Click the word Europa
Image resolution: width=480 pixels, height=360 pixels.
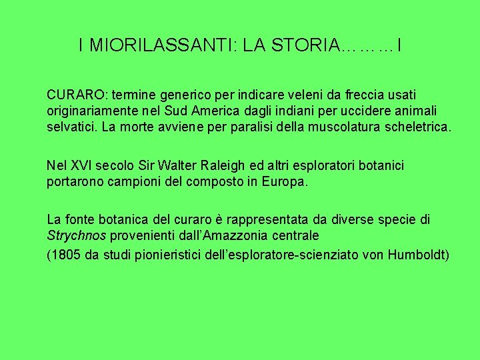[x=285, y=180]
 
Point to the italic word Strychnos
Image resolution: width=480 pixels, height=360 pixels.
[x=77, y=235]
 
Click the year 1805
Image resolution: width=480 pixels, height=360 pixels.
[x=65, y=255]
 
